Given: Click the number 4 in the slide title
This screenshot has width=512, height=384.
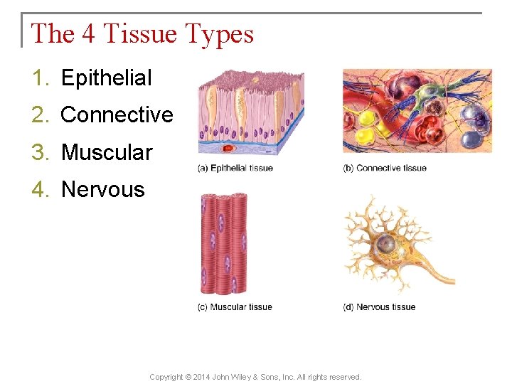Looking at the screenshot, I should pos(88,33).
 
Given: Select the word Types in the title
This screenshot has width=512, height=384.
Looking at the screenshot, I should pos(218,34).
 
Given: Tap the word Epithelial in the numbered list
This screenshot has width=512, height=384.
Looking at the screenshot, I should pos(107,78).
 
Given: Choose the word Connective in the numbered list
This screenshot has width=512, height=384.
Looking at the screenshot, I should pos(117,115).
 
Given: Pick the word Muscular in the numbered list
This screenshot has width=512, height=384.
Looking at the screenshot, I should pos(107,152).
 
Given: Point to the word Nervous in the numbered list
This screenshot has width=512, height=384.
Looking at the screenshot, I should pos(103,190).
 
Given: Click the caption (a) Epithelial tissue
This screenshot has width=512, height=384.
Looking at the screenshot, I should pos(235,169).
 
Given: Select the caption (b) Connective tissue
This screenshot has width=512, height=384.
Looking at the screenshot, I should pos(385,169).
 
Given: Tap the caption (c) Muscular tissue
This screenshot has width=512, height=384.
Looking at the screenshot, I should pos(235,307).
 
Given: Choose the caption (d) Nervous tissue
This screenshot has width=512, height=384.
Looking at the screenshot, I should pos(379,307).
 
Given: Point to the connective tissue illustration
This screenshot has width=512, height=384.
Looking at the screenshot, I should pos(417,111).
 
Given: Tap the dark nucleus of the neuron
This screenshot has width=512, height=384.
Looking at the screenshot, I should pos(386,244).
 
